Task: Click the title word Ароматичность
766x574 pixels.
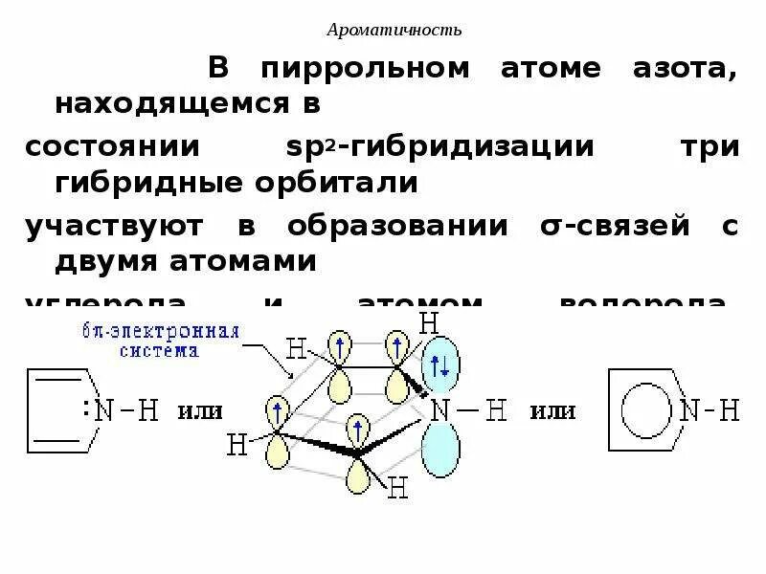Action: pyautogui.click(x=394, y=31)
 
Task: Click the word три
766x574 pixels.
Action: pyautogui.click(x=708, y=149)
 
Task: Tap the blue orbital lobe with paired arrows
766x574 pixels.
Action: pyautogui.click(x=441, y=364)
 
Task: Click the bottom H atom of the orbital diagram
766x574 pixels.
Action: pyautogui.click(x=399, y=490)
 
